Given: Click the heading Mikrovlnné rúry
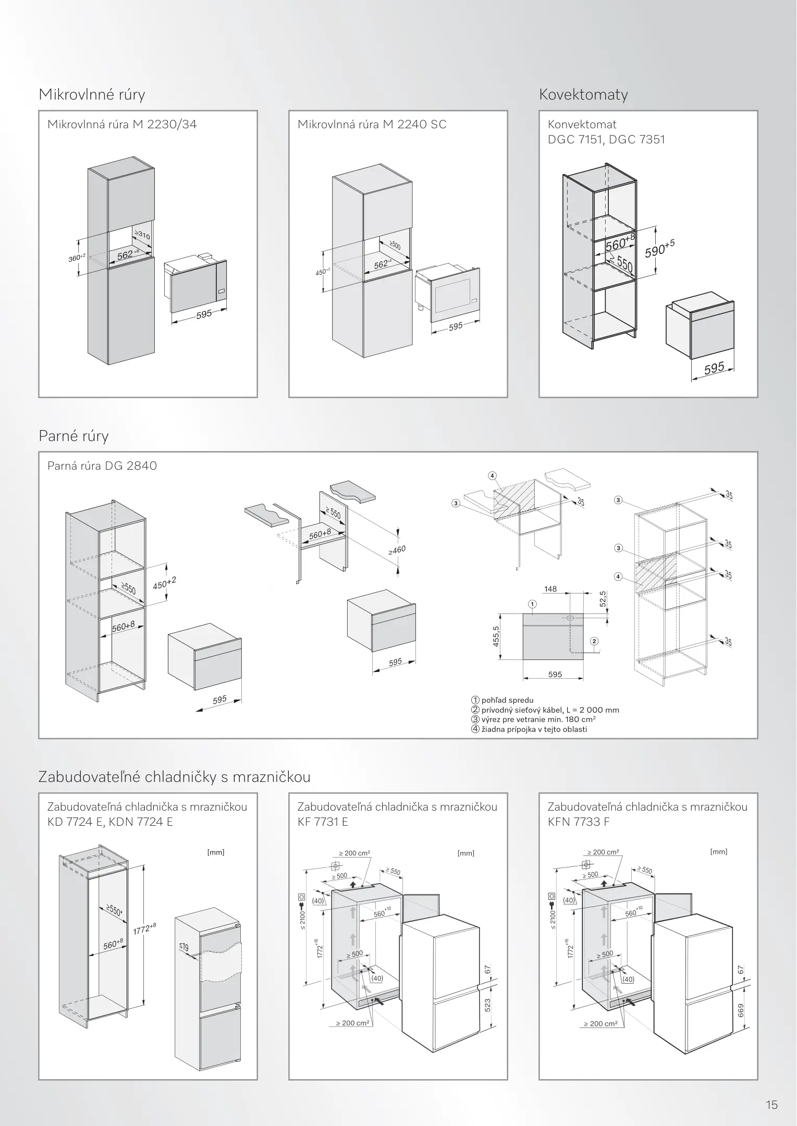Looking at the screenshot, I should [92, 95].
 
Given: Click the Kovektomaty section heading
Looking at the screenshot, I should [583, 95].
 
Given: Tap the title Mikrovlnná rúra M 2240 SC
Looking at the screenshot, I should [372, 125].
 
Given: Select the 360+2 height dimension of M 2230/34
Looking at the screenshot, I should [76, 257].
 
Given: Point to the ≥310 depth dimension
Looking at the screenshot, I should [142, 235].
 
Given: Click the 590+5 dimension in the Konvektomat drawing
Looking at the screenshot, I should [659, 249].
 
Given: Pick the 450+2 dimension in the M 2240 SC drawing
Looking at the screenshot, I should [323, 272].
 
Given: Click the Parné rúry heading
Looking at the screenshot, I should [73, 436].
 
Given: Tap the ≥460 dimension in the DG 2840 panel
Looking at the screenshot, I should [396, 550].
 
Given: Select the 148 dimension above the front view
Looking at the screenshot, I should [550, 589].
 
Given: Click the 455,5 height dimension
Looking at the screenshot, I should [496, 637].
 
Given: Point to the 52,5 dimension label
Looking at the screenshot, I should [603, 598].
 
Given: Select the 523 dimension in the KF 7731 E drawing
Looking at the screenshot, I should [487, 1005].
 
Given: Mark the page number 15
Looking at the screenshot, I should [771, 1090].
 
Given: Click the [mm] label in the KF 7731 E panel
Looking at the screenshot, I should [466, 853].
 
